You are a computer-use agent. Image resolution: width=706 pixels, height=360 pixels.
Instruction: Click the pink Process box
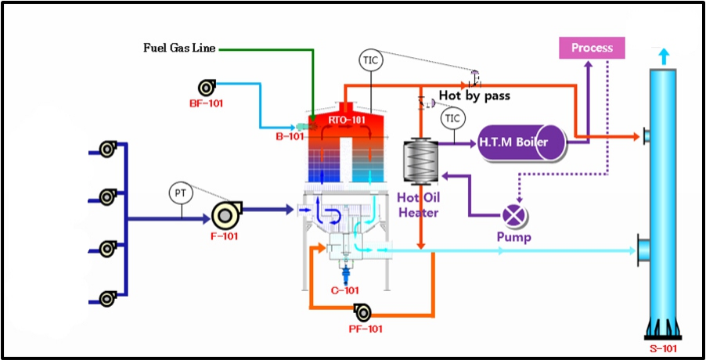click(x=592, y=48)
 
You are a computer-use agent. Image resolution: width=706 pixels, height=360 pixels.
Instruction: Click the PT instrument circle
click(x=181, y=193)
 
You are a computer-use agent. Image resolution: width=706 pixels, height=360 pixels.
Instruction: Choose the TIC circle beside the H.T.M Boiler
click(x=453, y=118)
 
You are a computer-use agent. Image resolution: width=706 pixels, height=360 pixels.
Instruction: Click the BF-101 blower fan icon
click(x=207, y=88)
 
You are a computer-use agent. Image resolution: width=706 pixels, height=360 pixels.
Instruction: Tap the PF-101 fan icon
click(x=363, y=311)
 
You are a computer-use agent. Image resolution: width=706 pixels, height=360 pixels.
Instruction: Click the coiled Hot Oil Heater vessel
click(x=420, y=161)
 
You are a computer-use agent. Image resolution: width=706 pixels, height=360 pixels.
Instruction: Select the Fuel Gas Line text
click(x=180, y=48)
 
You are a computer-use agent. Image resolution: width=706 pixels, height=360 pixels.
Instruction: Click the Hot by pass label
click(x=474, y=95)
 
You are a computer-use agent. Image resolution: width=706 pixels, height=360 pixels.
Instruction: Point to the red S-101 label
click(x=663, y=348)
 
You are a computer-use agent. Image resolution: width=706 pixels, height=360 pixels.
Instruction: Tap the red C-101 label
click(x=345, y=290)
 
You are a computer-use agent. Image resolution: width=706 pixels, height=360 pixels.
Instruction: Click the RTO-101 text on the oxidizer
click(x=346, y=121)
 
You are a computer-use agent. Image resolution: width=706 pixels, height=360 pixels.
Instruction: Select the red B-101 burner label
click(x=290, y=136)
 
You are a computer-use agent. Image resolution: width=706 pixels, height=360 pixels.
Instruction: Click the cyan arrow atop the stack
click(x=663, y=56)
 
